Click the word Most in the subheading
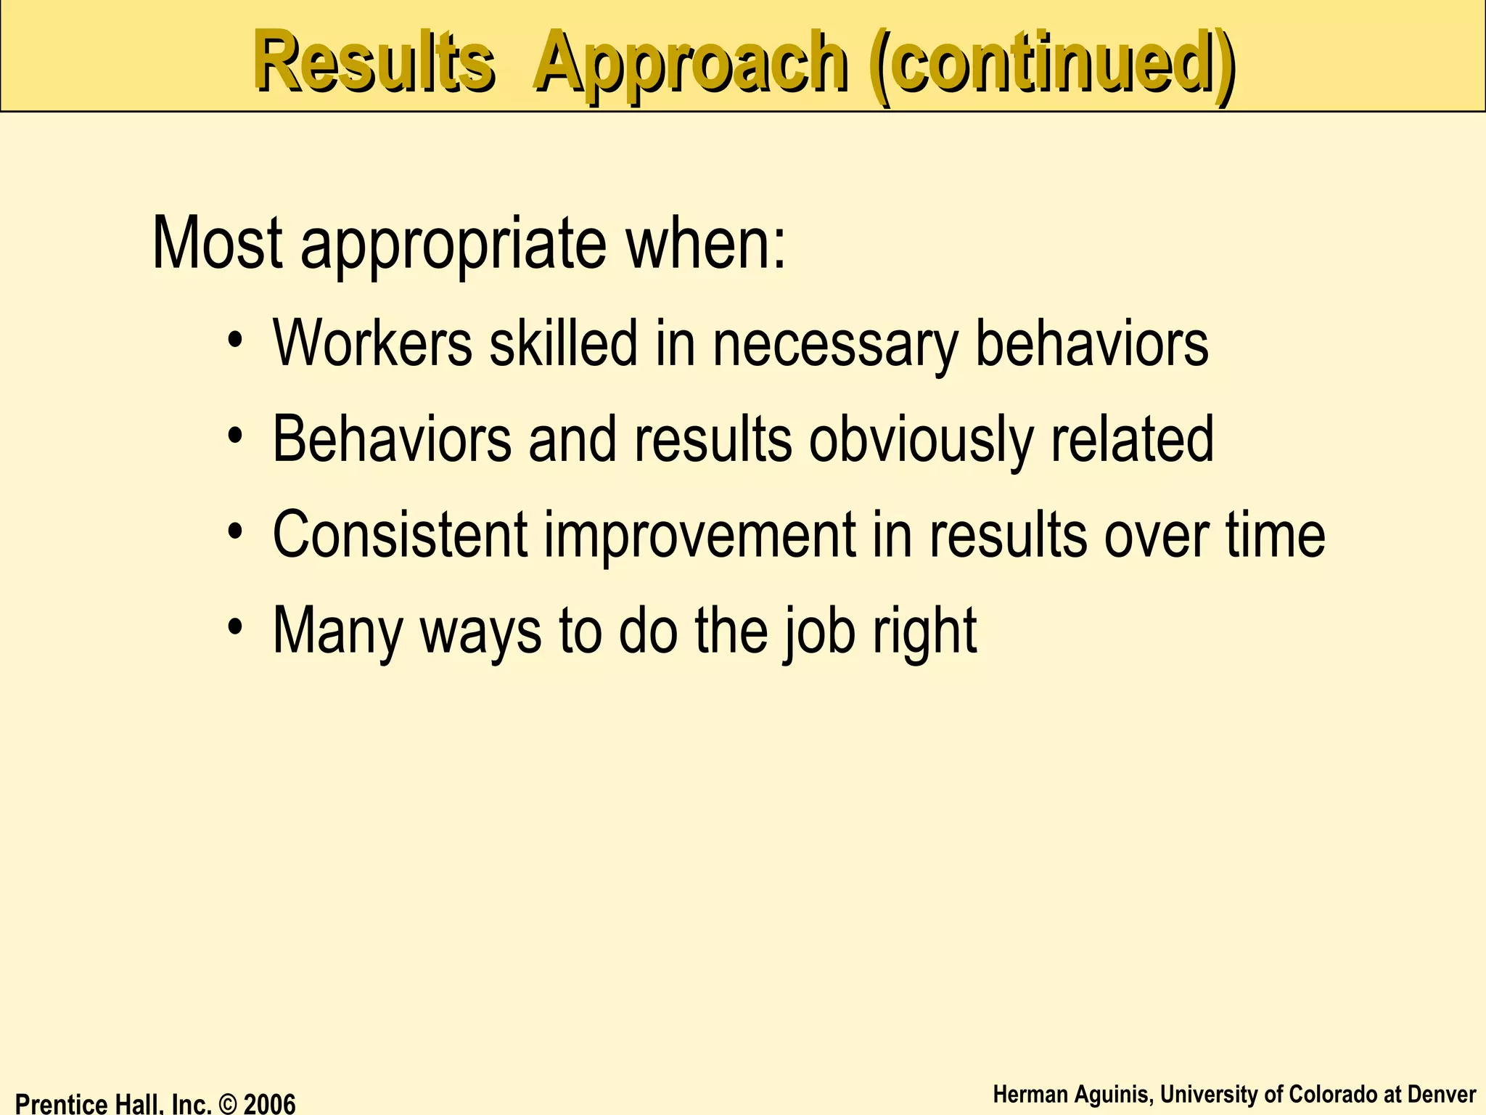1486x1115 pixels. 217,243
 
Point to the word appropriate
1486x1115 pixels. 453,247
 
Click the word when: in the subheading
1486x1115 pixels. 705,243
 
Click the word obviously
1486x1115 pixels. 920,441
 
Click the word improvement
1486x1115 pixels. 699,537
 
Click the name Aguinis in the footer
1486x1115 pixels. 1109,1095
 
